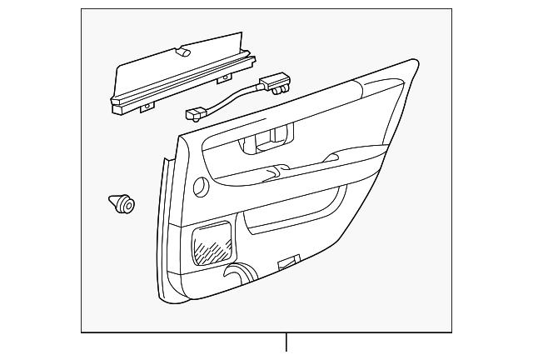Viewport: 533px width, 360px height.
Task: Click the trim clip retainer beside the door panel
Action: click(x=122, y=202)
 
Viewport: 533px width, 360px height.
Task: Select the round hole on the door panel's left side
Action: click(x=202, y=187)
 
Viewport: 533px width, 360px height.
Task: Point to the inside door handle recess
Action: click(x=266, y=140)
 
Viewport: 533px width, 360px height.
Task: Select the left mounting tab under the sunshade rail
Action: click(x=148, y=107)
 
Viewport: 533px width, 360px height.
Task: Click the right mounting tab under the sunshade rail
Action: click(x=223, y=79)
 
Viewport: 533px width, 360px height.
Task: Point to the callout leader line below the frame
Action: click(x=286, y=342)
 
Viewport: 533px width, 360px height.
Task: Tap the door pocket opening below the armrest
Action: click(x=291, y=217)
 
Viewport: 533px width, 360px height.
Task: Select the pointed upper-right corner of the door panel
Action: click(x=414, y=61)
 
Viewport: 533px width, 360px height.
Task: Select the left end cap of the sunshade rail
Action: click(x=116, y=103)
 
